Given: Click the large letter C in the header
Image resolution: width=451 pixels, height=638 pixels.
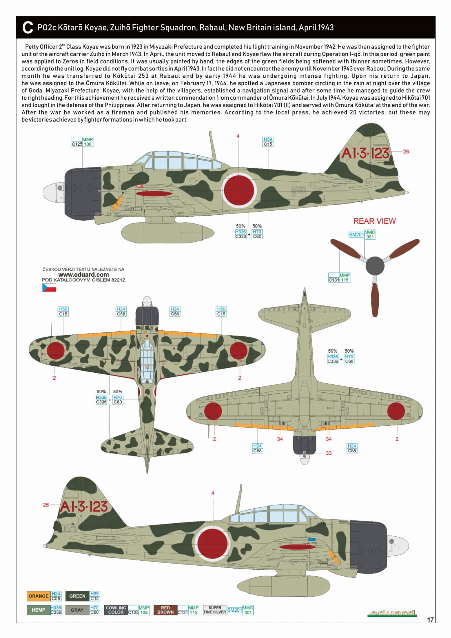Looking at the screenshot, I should (27, 27).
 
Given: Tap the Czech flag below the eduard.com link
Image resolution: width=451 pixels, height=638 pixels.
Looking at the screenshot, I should (49, 287).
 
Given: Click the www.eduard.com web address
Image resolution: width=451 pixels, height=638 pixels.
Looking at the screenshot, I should (83, 275).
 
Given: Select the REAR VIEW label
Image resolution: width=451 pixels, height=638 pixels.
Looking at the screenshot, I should (374, 221).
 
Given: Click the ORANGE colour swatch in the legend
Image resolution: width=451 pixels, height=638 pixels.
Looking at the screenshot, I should (38, 596).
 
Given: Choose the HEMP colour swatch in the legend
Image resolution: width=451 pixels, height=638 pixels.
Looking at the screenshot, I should (38, 610).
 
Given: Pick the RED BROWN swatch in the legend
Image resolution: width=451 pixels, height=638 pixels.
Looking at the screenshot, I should (165, 610).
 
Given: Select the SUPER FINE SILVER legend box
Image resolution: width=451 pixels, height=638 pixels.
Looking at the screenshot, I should (215, 610).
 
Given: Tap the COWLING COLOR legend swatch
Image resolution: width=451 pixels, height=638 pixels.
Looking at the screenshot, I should (116, 610).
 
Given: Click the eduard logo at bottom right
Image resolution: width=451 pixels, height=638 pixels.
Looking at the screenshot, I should (392, 613).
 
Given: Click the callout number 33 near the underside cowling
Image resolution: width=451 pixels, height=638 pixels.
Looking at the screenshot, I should (329, 453).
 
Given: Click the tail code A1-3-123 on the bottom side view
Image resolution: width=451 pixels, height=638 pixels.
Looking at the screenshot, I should (84, 506).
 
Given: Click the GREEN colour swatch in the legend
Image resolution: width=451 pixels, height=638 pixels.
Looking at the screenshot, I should (77, 596).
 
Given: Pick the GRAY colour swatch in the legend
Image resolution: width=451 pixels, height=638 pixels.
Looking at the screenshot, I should (77, 610).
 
